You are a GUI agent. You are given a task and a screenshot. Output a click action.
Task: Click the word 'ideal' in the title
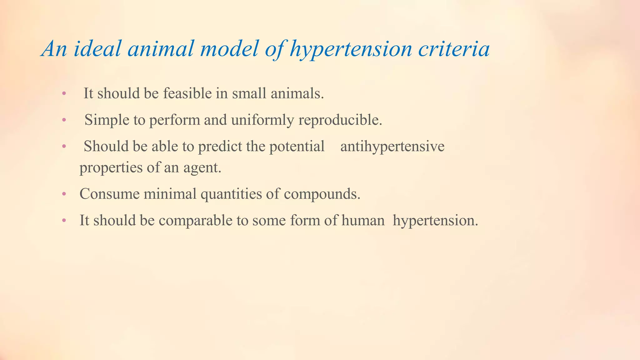point(97,49)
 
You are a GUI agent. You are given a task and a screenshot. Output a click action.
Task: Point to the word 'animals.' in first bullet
point(297,93)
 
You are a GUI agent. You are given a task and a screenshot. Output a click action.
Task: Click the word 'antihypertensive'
point(392,146)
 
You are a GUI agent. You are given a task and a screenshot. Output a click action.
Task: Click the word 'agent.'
point(202,168)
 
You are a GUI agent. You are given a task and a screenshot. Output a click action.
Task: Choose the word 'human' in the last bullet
point(363,220)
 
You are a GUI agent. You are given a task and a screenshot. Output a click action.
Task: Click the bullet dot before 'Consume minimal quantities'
point(64,194)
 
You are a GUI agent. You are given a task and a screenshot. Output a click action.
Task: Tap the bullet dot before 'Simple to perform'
point(64,120)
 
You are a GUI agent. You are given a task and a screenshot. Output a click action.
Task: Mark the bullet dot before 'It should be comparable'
point(64,221)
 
